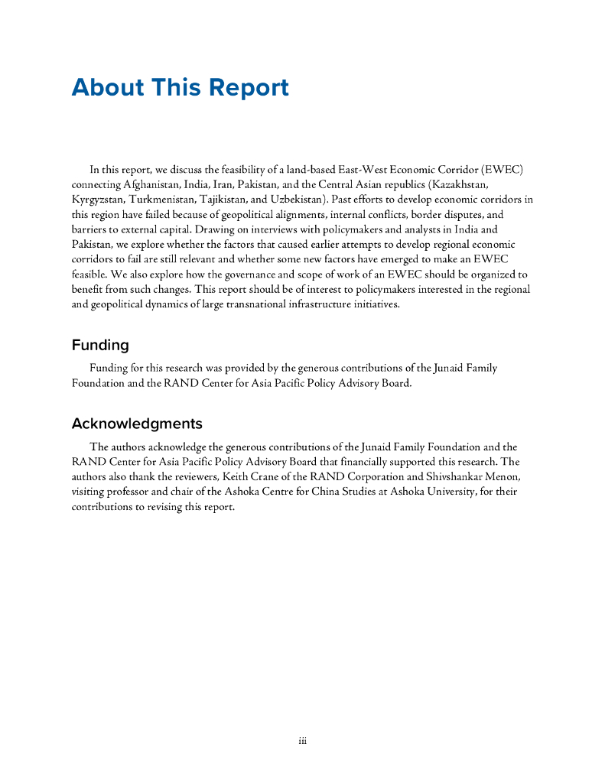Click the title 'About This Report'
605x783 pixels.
(180, 88)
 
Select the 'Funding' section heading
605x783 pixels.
(100, 345)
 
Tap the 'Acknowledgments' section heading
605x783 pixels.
(137, 424)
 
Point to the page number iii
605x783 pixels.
(302, 741)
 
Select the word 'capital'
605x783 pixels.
(197, 229)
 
